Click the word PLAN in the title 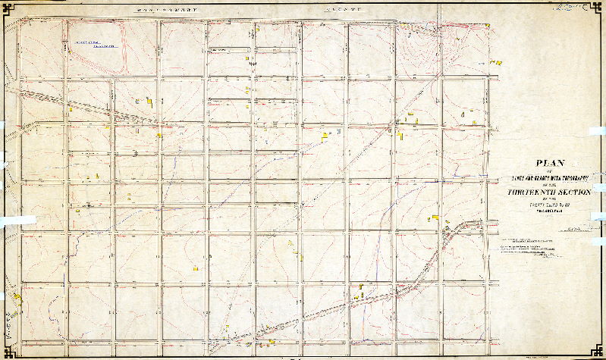(x=551, y=162)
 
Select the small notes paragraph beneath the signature (x=531, y=250)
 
